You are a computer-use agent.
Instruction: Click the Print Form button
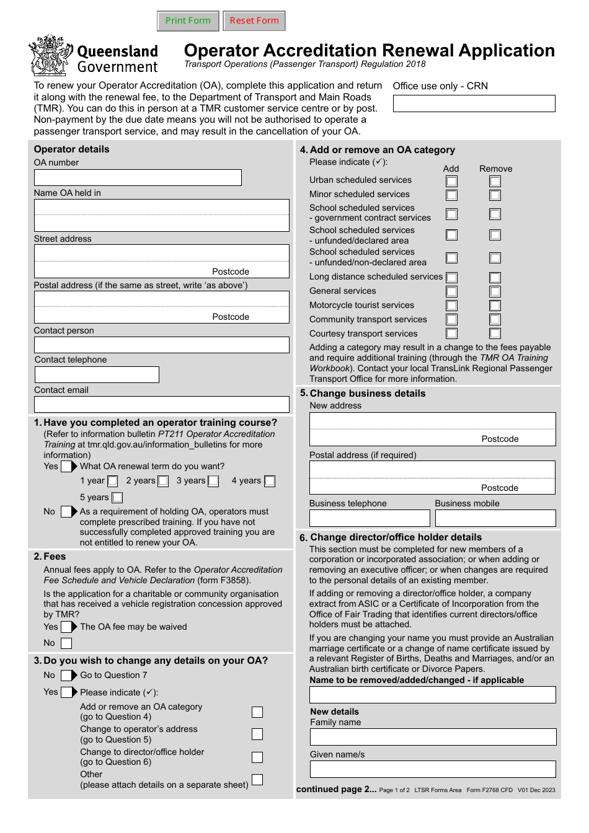tap(188, 20)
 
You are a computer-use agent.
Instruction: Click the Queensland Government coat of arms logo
tap(50, 56)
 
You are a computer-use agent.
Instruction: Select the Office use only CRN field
tap(474, 104)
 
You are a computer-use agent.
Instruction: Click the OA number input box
tap(138, 178)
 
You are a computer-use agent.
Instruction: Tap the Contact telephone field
tap(97, 374)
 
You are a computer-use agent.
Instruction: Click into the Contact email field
tap(161, 405)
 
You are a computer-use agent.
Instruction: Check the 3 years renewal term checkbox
tap(213, 481)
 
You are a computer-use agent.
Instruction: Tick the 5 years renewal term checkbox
tap(117, 498)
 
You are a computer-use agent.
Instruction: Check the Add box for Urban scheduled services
tap(452, 181)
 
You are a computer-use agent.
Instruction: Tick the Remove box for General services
tap(495, 291)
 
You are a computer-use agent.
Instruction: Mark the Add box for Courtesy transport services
tap(452, 333)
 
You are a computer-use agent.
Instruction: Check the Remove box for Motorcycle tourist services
tap(495, 306)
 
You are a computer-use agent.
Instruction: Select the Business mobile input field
tap(495, 518)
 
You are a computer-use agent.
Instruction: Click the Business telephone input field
tap(370, 518)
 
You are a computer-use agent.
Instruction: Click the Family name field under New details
tap(433, 736)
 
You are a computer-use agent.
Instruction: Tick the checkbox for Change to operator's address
tap(257, 734)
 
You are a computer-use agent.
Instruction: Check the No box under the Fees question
tap(66, 643)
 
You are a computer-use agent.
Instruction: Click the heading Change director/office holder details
tap(396, 537)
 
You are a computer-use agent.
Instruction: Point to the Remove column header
tap(495, 169)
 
